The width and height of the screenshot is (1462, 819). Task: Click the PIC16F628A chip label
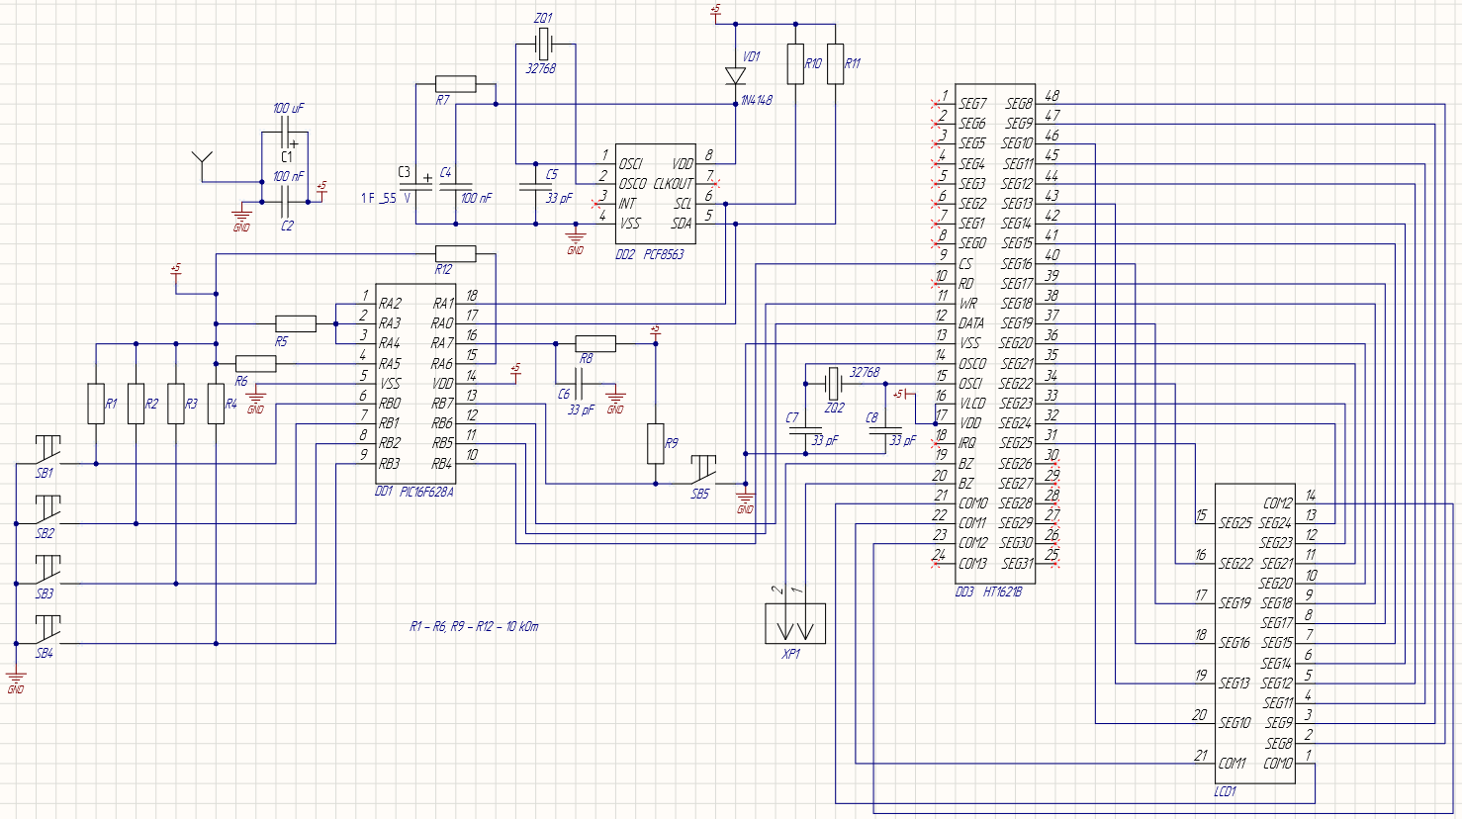click(x=426, y=492)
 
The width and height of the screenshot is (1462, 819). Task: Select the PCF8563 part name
click(x=663, y=254)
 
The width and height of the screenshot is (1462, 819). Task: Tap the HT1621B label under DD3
click(x=1002, y=591)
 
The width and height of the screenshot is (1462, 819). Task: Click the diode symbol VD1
click(x=735, y=76)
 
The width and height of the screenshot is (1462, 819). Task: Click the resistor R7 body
click(x=455, y=84)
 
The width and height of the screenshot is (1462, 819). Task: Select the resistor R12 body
click(x=455, y=254)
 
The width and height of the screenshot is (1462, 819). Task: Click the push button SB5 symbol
click(x=703, y=466)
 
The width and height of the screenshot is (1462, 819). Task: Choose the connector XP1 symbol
click(x=795, y=624)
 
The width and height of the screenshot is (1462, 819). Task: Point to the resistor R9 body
click(x=655, y=443)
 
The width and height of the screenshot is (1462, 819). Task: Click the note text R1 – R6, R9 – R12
click(x=474, y=626)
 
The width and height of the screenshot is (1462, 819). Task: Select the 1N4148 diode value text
click(x=757, y=100)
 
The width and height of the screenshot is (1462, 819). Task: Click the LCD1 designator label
click(x=1225, y=791)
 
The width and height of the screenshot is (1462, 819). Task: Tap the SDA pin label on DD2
click(x=682, y=224)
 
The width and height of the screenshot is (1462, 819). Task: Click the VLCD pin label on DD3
click(x=972, y=404)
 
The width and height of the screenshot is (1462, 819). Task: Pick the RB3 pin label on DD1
click(x=390, y=463)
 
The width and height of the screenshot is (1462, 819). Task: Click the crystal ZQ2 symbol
click(x=833, y=380)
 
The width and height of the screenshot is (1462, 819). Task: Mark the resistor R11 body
click(x=835, y=64)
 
